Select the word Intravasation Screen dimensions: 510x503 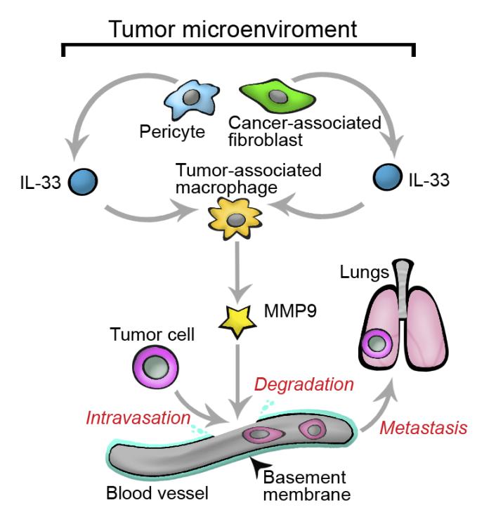pos(138,419)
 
